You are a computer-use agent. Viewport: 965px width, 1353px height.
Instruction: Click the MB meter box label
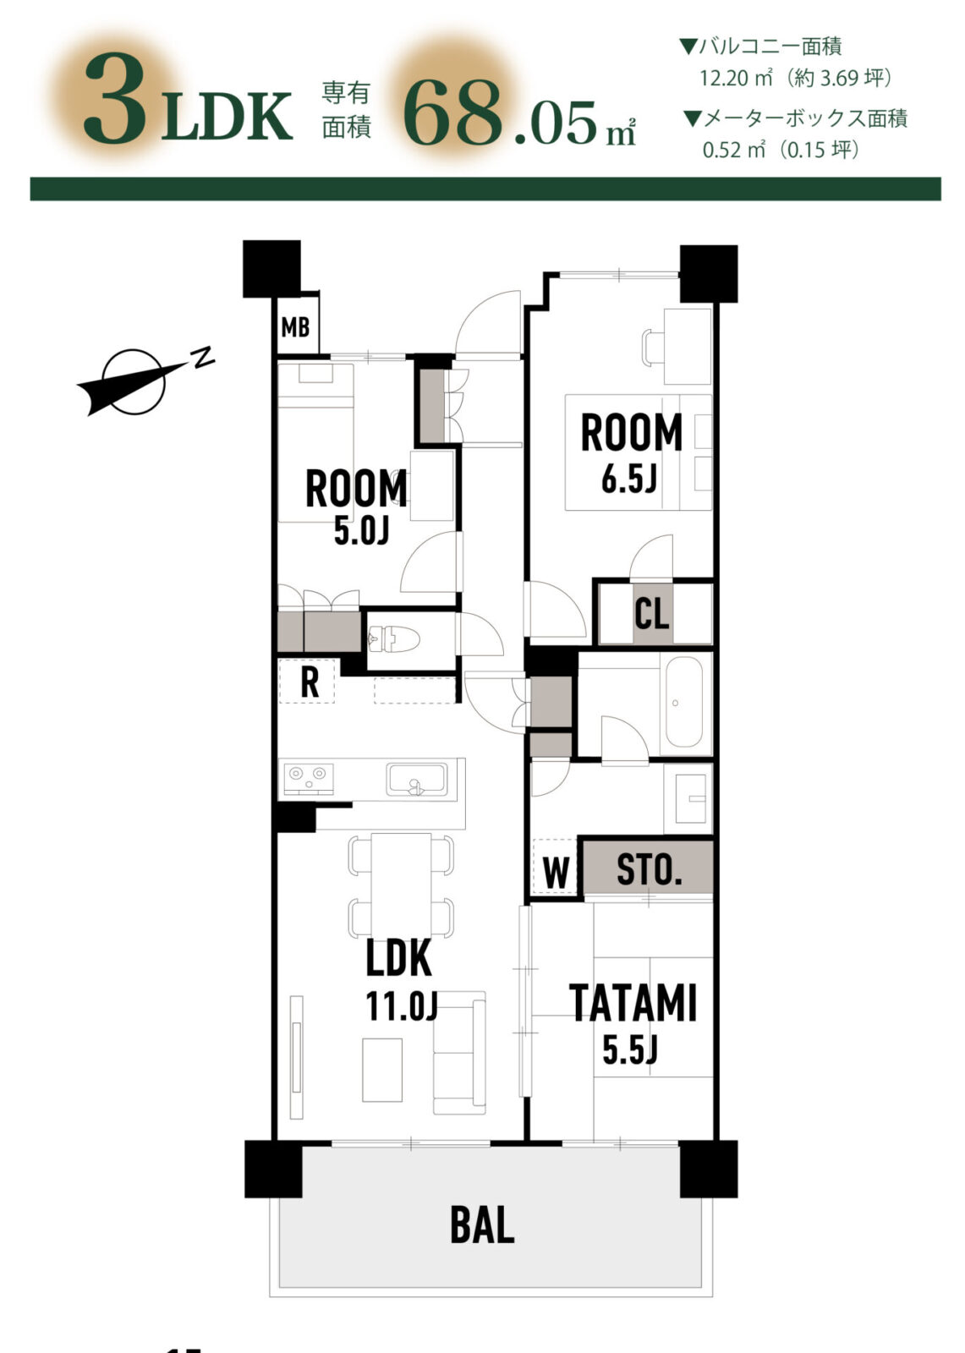tap(295, 328)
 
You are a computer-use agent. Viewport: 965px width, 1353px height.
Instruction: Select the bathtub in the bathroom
tap(684, 703)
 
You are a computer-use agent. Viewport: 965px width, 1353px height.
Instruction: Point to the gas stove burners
tap(310, 779)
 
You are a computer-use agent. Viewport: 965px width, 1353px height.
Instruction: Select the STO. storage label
tap(650, 870)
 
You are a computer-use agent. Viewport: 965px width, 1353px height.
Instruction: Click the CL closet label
tap(651, 614)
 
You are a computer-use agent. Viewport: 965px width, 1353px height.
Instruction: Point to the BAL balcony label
tap(482, 1224)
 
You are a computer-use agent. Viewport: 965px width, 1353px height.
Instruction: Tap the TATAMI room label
tap(633, 1003)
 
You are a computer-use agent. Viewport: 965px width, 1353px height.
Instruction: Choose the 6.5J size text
tap(629, 480)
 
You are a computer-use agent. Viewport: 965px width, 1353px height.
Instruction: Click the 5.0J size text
tap(361, 532)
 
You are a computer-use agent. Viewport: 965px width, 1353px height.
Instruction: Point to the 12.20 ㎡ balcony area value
tap(737, 78)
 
